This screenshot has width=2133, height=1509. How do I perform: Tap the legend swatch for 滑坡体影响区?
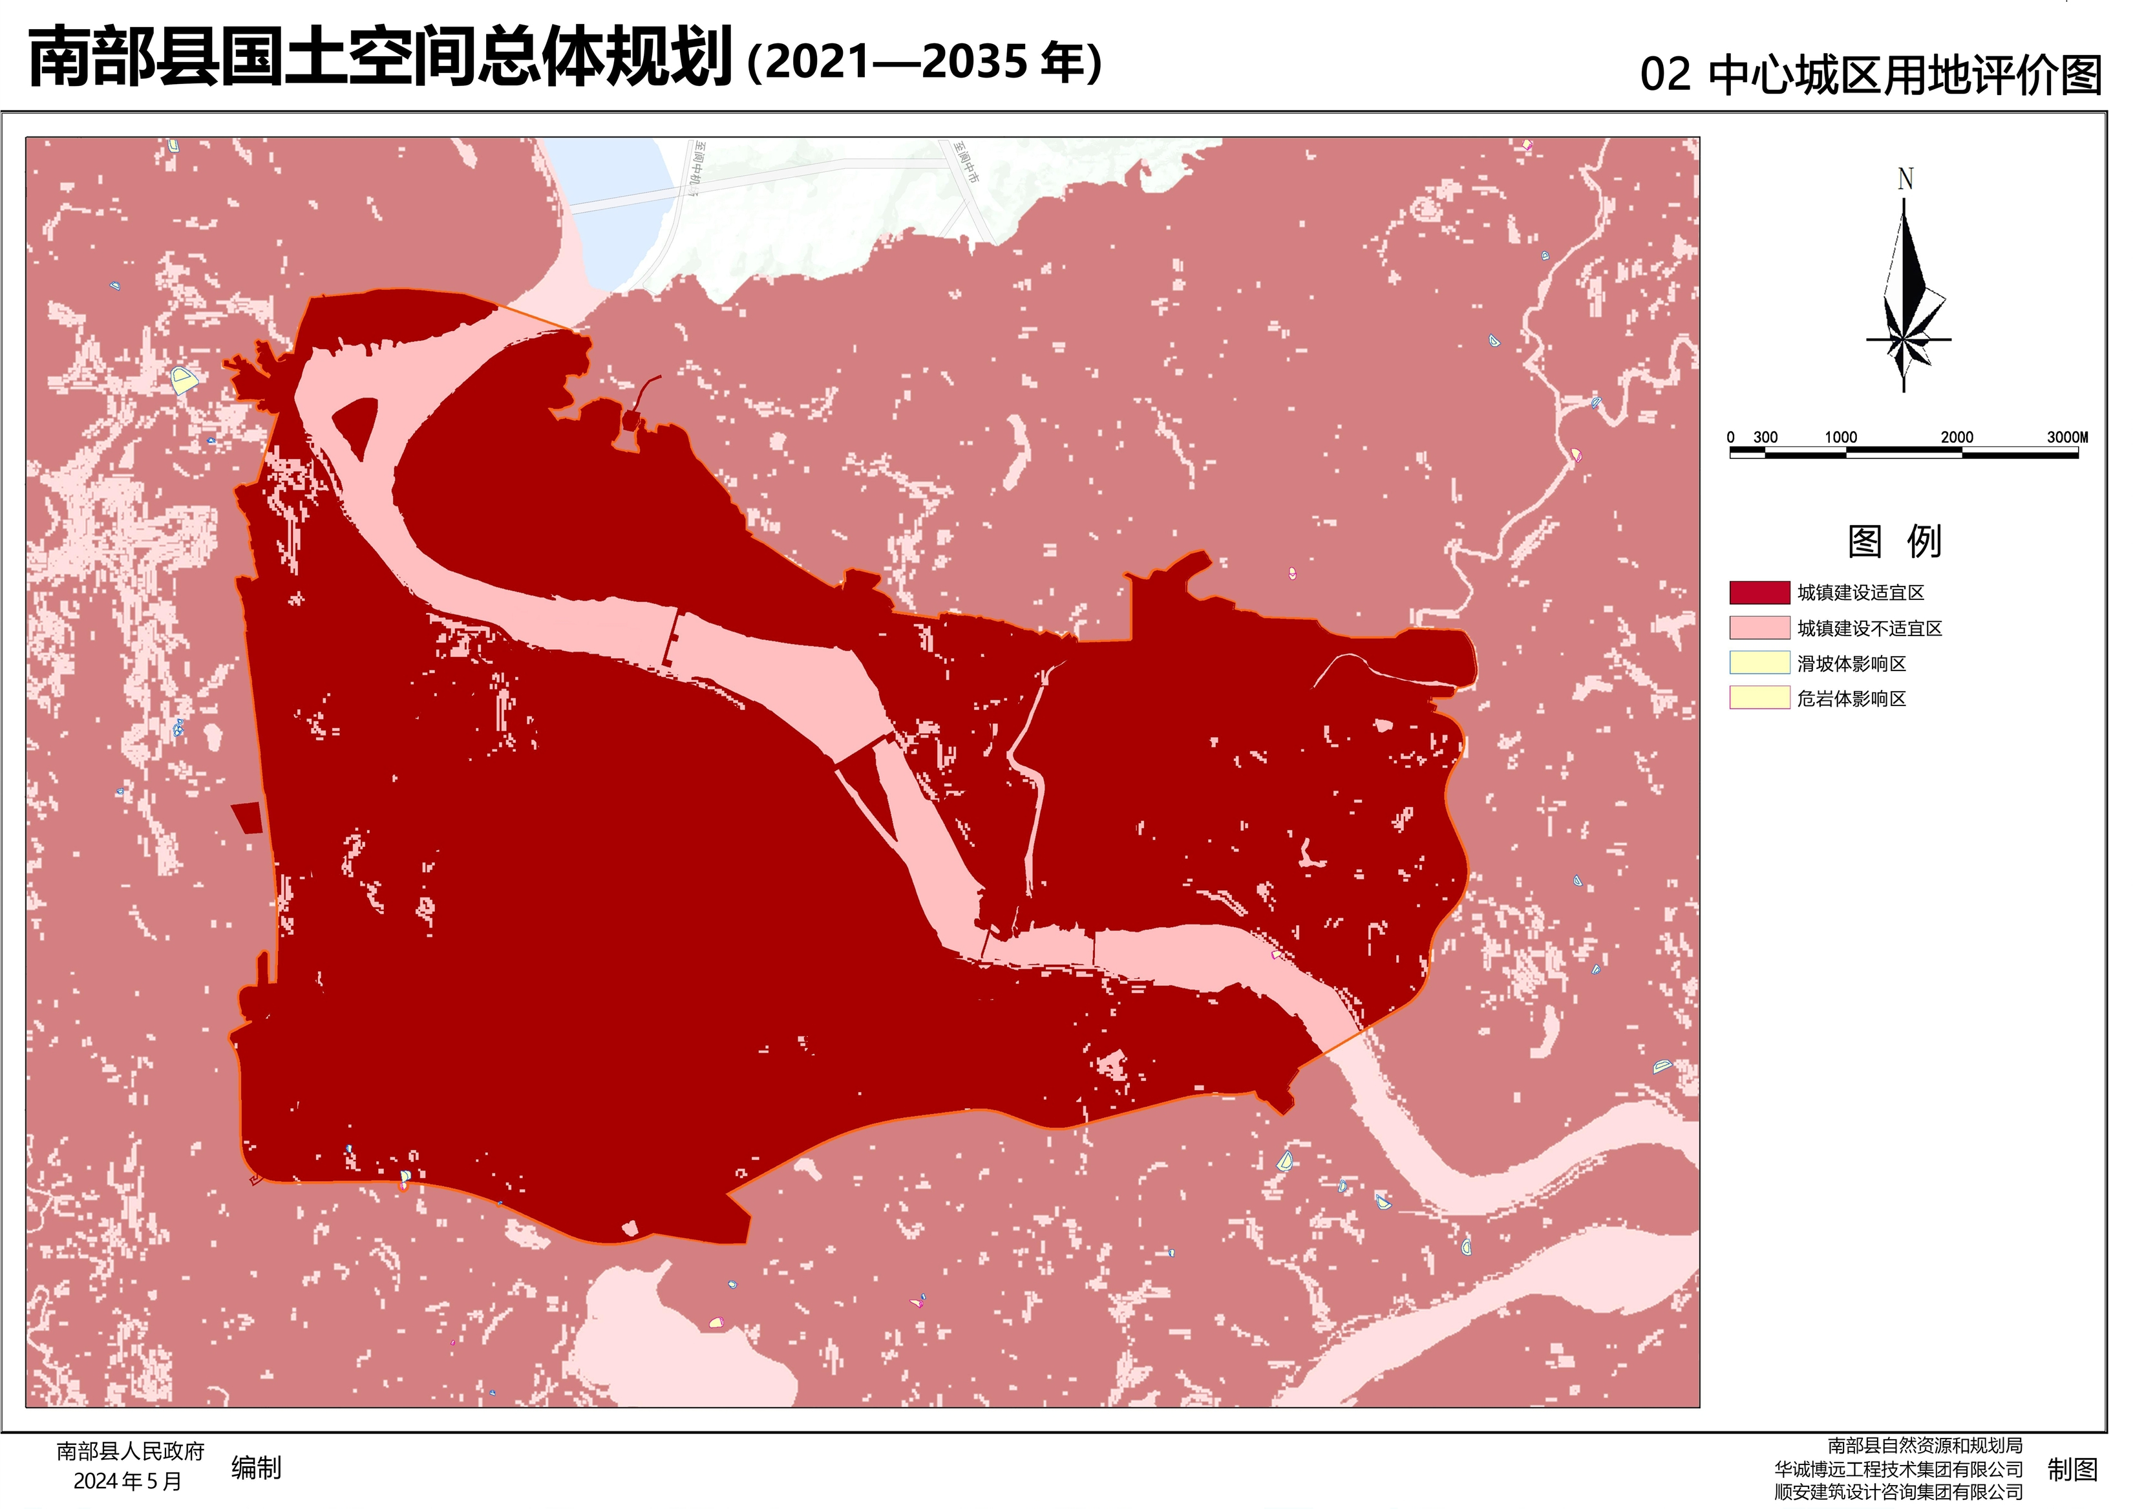1759,663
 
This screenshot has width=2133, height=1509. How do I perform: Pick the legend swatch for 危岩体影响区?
1759,698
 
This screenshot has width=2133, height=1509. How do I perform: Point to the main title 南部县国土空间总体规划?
381,58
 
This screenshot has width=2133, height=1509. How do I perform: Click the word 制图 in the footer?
2073,1470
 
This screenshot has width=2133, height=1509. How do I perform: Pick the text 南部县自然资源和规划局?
1925,1446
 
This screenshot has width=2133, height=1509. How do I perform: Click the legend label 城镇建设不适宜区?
1869,629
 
